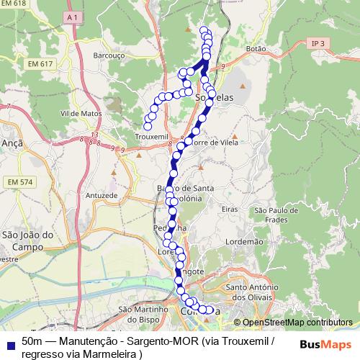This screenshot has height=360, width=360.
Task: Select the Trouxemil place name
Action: pos(151,136)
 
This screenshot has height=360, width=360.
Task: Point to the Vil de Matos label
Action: pos(81,113)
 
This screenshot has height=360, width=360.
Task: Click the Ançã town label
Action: pos(13,143)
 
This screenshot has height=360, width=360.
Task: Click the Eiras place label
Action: pos(230,208)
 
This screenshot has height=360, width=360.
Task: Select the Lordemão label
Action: pos(245,243)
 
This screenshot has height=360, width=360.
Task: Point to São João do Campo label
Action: pos(29,240)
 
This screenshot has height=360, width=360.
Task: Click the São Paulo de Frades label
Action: pos(271,214)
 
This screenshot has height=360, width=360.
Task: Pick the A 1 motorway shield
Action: pos(71,15)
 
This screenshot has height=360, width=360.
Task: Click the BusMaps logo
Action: pos(325,344)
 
